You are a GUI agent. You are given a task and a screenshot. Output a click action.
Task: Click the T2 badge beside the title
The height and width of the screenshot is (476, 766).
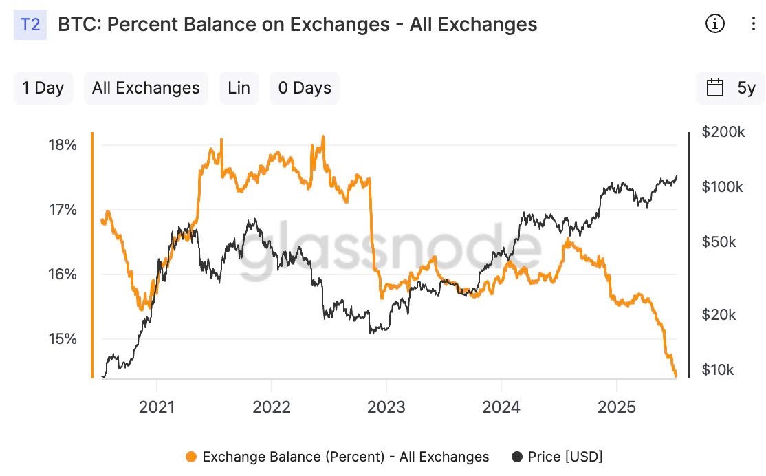(x=30, y=25)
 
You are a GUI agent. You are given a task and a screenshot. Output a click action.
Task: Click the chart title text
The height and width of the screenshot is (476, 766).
(x=297, y=25)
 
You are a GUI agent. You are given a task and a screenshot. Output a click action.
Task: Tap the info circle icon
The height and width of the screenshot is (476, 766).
(x=715, y=24)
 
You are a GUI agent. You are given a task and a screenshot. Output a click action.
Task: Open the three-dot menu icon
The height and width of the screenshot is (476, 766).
(x=753, y=24)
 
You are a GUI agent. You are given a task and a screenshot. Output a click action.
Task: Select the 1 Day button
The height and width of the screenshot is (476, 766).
(x=43, y=88)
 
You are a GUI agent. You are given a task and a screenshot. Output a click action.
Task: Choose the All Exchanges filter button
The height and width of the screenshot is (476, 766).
(x=146, y=88)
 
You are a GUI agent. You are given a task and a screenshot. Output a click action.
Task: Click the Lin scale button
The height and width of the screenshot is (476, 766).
(x=239, y=88)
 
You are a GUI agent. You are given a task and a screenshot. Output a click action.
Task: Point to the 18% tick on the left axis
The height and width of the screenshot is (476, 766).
(x=62, y=145)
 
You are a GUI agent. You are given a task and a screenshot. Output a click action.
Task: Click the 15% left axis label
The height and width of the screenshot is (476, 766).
(x=62, y=339)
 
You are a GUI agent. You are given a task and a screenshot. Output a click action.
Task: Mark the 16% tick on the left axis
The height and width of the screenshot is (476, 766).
(x=62, y=274)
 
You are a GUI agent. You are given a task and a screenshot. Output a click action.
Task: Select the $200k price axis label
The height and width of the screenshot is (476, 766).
(x=723, y=132)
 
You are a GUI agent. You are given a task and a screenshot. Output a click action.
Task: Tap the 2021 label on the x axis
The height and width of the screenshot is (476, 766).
(x=157, y=407)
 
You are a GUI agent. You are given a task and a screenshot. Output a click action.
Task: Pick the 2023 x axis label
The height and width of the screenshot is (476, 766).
(x=386, y=407)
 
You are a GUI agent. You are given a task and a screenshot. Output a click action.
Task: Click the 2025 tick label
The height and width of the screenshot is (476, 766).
(x=617, y=407)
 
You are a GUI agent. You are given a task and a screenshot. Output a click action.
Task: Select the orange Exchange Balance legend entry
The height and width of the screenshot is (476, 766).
(x=338, y=457)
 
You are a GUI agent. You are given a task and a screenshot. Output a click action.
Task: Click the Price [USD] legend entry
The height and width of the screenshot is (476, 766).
(x=558, y=457)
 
